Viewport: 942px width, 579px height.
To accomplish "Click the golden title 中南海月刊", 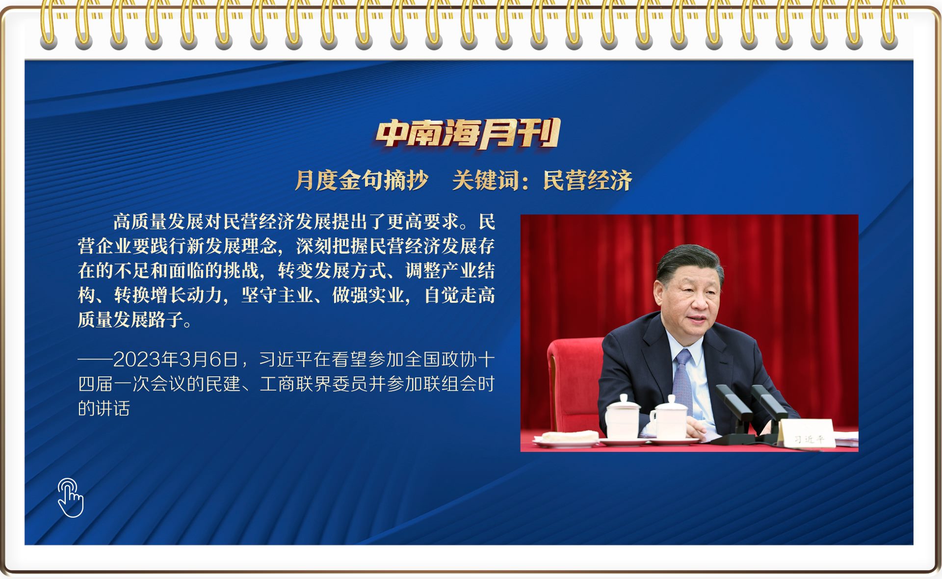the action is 468,133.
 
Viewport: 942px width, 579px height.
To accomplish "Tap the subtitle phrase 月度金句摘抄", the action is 362,180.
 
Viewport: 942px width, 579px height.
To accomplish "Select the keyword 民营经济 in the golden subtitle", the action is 587,180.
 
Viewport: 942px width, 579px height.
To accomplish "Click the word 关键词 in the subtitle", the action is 486,180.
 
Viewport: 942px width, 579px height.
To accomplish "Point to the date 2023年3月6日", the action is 176,360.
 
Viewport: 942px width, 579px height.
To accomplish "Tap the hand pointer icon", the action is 70,498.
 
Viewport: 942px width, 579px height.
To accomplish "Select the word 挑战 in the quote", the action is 241,270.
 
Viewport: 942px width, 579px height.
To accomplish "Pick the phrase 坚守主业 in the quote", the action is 277,295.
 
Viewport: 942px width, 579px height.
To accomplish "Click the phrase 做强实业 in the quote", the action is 368,295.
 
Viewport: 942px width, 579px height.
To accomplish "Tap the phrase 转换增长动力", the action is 168,295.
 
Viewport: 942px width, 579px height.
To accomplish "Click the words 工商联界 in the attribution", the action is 295,384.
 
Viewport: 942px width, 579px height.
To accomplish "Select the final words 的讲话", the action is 104,408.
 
